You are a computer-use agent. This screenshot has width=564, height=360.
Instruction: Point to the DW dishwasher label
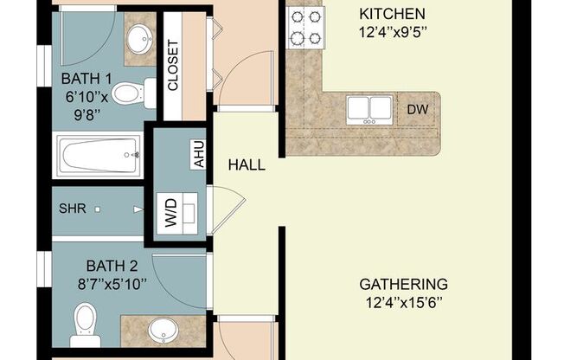pyautogui.click(x=416, y=110)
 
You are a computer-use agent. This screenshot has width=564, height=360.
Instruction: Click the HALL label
pyautogui.click(x=247, y=164)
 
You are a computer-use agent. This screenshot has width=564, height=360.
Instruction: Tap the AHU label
pyautogui.click(x=197, y=156)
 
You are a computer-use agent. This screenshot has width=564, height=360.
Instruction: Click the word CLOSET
pyautogui.click(x=172, y=67)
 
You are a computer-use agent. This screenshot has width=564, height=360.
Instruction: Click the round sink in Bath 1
pyautogui.click(x=138, y=39)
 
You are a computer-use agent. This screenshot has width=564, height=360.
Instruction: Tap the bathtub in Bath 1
pyautogui.click(x=98, y=156)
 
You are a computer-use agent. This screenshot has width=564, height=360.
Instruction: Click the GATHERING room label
pyautogui.click(x=404, y=284)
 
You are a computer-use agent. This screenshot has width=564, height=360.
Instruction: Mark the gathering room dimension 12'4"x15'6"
pyautogui.click(x=404, y=301)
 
